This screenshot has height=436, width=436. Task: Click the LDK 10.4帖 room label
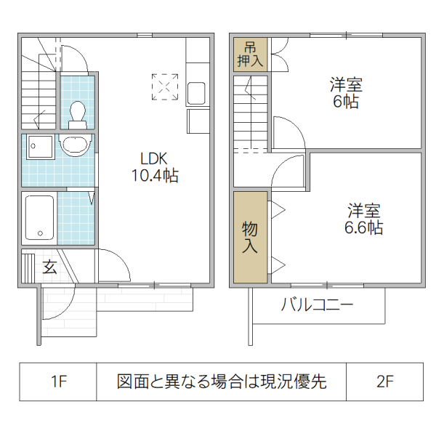[x=155, y=166]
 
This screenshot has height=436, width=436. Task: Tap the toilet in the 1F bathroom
[x=77, y=113]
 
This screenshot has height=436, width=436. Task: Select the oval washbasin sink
[x=75, y=146]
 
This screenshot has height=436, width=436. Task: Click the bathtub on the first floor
[x=39, y=217]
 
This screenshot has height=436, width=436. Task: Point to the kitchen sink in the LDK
[x=197, y=94]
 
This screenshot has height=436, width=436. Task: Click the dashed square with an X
[x=164, y=86]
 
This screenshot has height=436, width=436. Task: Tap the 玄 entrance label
[x=49, y=267]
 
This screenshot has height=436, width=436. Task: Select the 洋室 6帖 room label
[x=346, y=93]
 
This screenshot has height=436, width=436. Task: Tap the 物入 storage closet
[x=250, y=237]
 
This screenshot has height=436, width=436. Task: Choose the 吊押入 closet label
[x=250, y=54]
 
